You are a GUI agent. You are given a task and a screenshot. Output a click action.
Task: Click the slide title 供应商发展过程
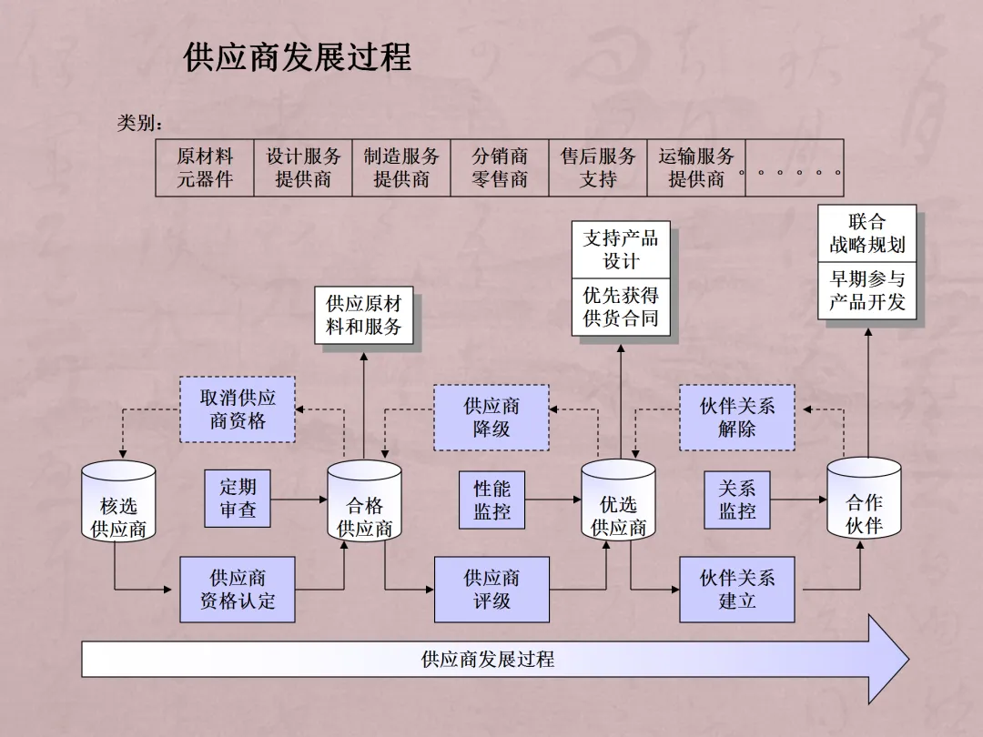[x=298, y=57]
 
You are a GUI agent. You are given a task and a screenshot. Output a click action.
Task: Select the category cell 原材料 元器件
[x=205, y=168]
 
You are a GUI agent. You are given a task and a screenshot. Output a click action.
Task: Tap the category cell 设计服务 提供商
[x=303, y=168]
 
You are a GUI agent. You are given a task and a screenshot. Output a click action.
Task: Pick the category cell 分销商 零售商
[x=500, y=168]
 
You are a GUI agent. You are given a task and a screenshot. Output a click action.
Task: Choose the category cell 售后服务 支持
[x=598, y=168]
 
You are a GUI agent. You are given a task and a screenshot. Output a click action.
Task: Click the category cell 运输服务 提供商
[x=696, y=168]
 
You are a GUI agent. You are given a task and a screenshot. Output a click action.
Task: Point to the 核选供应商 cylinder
[x=118, y=506]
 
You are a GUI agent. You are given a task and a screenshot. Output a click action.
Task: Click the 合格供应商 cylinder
[x=364, y=506]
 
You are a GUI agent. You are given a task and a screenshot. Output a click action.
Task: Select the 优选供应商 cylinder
[x=618, y=506]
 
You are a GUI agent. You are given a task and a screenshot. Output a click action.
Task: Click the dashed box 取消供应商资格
[x=238, y=409]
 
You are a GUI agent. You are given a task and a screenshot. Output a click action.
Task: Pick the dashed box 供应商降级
[x=491, y=417]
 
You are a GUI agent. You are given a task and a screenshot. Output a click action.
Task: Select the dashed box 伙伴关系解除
[x=737, y=417]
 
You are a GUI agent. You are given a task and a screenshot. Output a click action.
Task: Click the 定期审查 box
[x=238, y=499]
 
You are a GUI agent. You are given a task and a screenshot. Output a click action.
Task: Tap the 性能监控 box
[x=491, y=500]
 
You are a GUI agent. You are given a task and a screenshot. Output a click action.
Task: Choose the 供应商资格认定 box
[x=238, y=590]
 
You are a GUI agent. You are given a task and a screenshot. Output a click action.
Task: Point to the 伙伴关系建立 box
[x=737, y=590]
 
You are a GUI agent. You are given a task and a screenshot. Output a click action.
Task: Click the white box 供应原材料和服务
[x=364, y=315]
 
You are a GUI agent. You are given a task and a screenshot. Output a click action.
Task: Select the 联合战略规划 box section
[x=866, y=234]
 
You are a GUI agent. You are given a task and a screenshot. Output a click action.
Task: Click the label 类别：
[x=139, y=123]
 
